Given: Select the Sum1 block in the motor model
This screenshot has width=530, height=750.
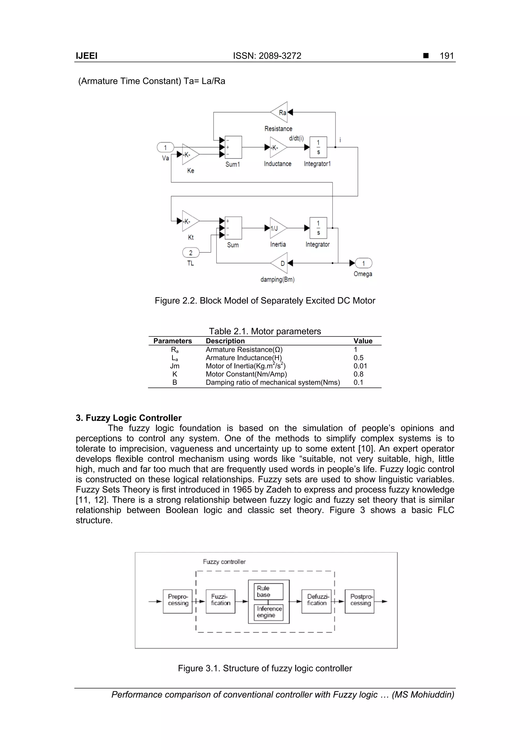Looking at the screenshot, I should click(233, 147).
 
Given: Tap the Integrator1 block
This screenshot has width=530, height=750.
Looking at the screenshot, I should click(318, 147).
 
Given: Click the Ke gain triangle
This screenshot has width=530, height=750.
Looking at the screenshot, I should click(189, 154).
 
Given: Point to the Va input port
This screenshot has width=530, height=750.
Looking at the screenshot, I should click(165, 148).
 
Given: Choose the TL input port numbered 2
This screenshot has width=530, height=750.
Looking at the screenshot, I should click(191, 252).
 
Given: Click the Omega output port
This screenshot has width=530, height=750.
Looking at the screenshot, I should click(363, 263).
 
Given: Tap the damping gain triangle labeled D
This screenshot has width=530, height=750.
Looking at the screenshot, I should click(280, 263).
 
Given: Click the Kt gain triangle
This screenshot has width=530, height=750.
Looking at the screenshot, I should click(189, 221).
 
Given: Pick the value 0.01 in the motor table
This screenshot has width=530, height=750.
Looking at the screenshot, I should click(360, 366).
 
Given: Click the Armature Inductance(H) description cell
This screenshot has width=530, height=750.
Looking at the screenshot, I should click(244, 358).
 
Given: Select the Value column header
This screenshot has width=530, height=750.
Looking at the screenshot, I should click(363, 341).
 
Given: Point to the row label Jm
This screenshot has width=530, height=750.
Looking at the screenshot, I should click(175, 366).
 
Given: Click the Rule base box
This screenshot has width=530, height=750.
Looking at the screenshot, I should click(268, 591).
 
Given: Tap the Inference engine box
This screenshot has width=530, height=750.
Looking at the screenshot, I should click(268, 612).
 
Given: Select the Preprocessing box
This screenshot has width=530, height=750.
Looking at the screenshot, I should click(178, 601).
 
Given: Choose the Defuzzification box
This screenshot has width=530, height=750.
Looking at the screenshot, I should click(316, 601).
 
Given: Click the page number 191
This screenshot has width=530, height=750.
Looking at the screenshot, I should click(447, 56).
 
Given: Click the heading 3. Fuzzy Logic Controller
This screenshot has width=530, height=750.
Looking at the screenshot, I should click(129, 418).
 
